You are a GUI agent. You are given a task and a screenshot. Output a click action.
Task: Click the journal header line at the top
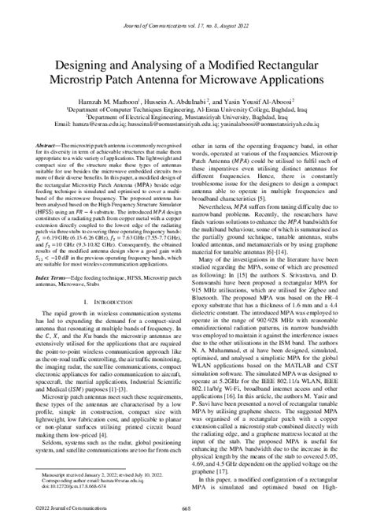click(186, 8)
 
